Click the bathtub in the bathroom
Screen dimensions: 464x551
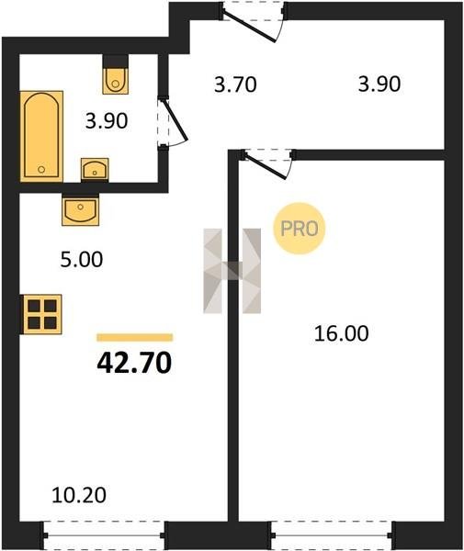coord(42,136)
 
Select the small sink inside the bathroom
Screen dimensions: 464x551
coord(95,170)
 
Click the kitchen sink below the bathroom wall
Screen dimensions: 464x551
coord(81,209)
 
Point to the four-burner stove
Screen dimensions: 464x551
coord(42,314)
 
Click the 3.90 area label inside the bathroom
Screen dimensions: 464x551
coord(107,121)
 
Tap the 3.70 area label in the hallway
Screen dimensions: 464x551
coord(235,85)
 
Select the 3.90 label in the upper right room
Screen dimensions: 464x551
coord(379,84)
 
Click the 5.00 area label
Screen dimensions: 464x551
coord(82,260)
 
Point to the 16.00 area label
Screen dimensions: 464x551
coord(341,333)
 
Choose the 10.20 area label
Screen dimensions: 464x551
coord(79,496)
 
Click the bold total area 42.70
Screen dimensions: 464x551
coord(134,363)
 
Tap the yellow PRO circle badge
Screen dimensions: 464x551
coord(300,229)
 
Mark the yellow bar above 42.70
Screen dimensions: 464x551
coord(135,337)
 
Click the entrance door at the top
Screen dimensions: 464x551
coord(253,21)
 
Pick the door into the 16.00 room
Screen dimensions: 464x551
coord(268,163)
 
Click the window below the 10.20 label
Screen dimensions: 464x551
coord(104,534)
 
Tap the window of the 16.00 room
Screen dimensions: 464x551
coord(333,534)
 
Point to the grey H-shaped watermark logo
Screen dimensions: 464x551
coord(232,271)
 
